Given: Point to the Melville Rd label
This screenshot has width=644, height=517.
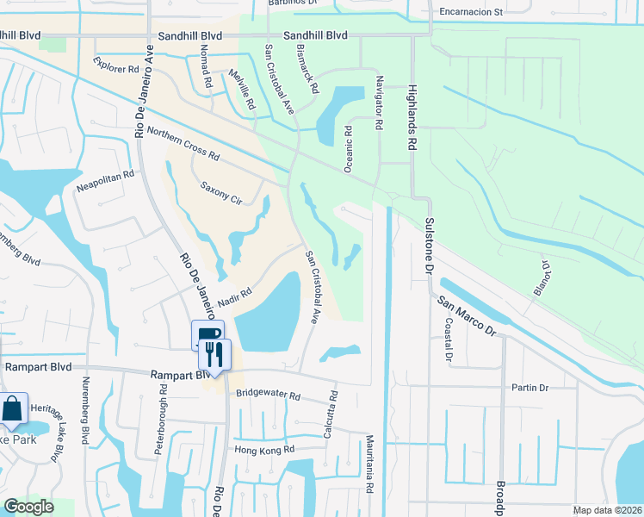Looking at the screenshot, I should coord(242,90).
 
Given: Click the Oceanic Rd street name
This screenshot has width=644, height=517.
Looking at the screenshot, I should coord(349,149).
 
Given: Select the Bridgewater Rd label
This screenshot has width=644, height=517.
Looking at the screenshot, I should coord(267,396).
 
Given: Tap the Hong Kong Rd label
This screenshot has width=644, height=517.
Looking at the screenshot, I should coord(264,449).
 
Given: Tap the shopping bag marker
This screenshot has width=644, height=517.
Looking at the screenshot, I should coord(13,408).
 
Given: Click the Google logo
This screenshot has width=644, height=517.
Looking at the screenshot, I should coord(28,507).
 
